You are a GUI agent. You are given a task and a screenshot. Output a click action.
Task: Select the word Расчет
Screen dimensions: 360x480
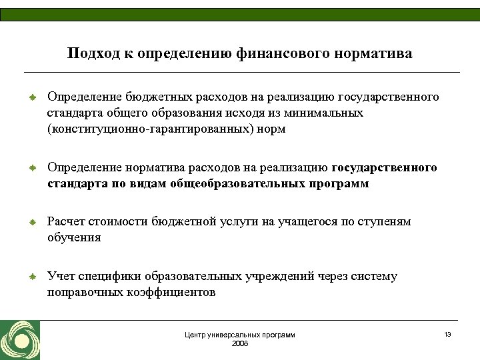[65, 221]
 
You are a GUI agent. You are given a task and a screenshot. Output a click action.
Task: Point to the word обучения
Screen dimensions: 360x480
[74, 237]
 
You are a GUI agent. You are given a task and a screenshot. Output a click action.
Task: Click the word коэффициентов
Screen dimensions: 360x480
[171, 292]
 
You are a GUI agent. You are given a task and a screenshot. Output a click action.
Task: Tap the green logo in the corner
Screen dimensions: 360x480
[19, 340]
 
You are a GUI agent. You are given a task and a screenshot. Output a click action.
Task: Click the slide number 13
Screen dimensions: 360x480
[447, 333]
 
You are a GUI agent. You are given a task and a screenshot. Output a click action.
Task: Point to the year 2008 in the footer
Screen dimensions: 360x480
[239, 343]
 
